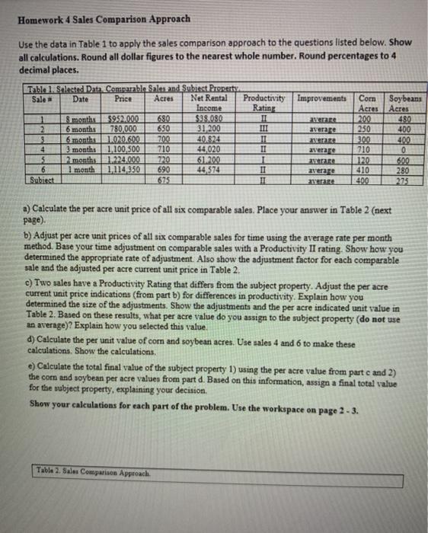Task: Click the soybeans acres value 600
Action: (398, 145)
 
